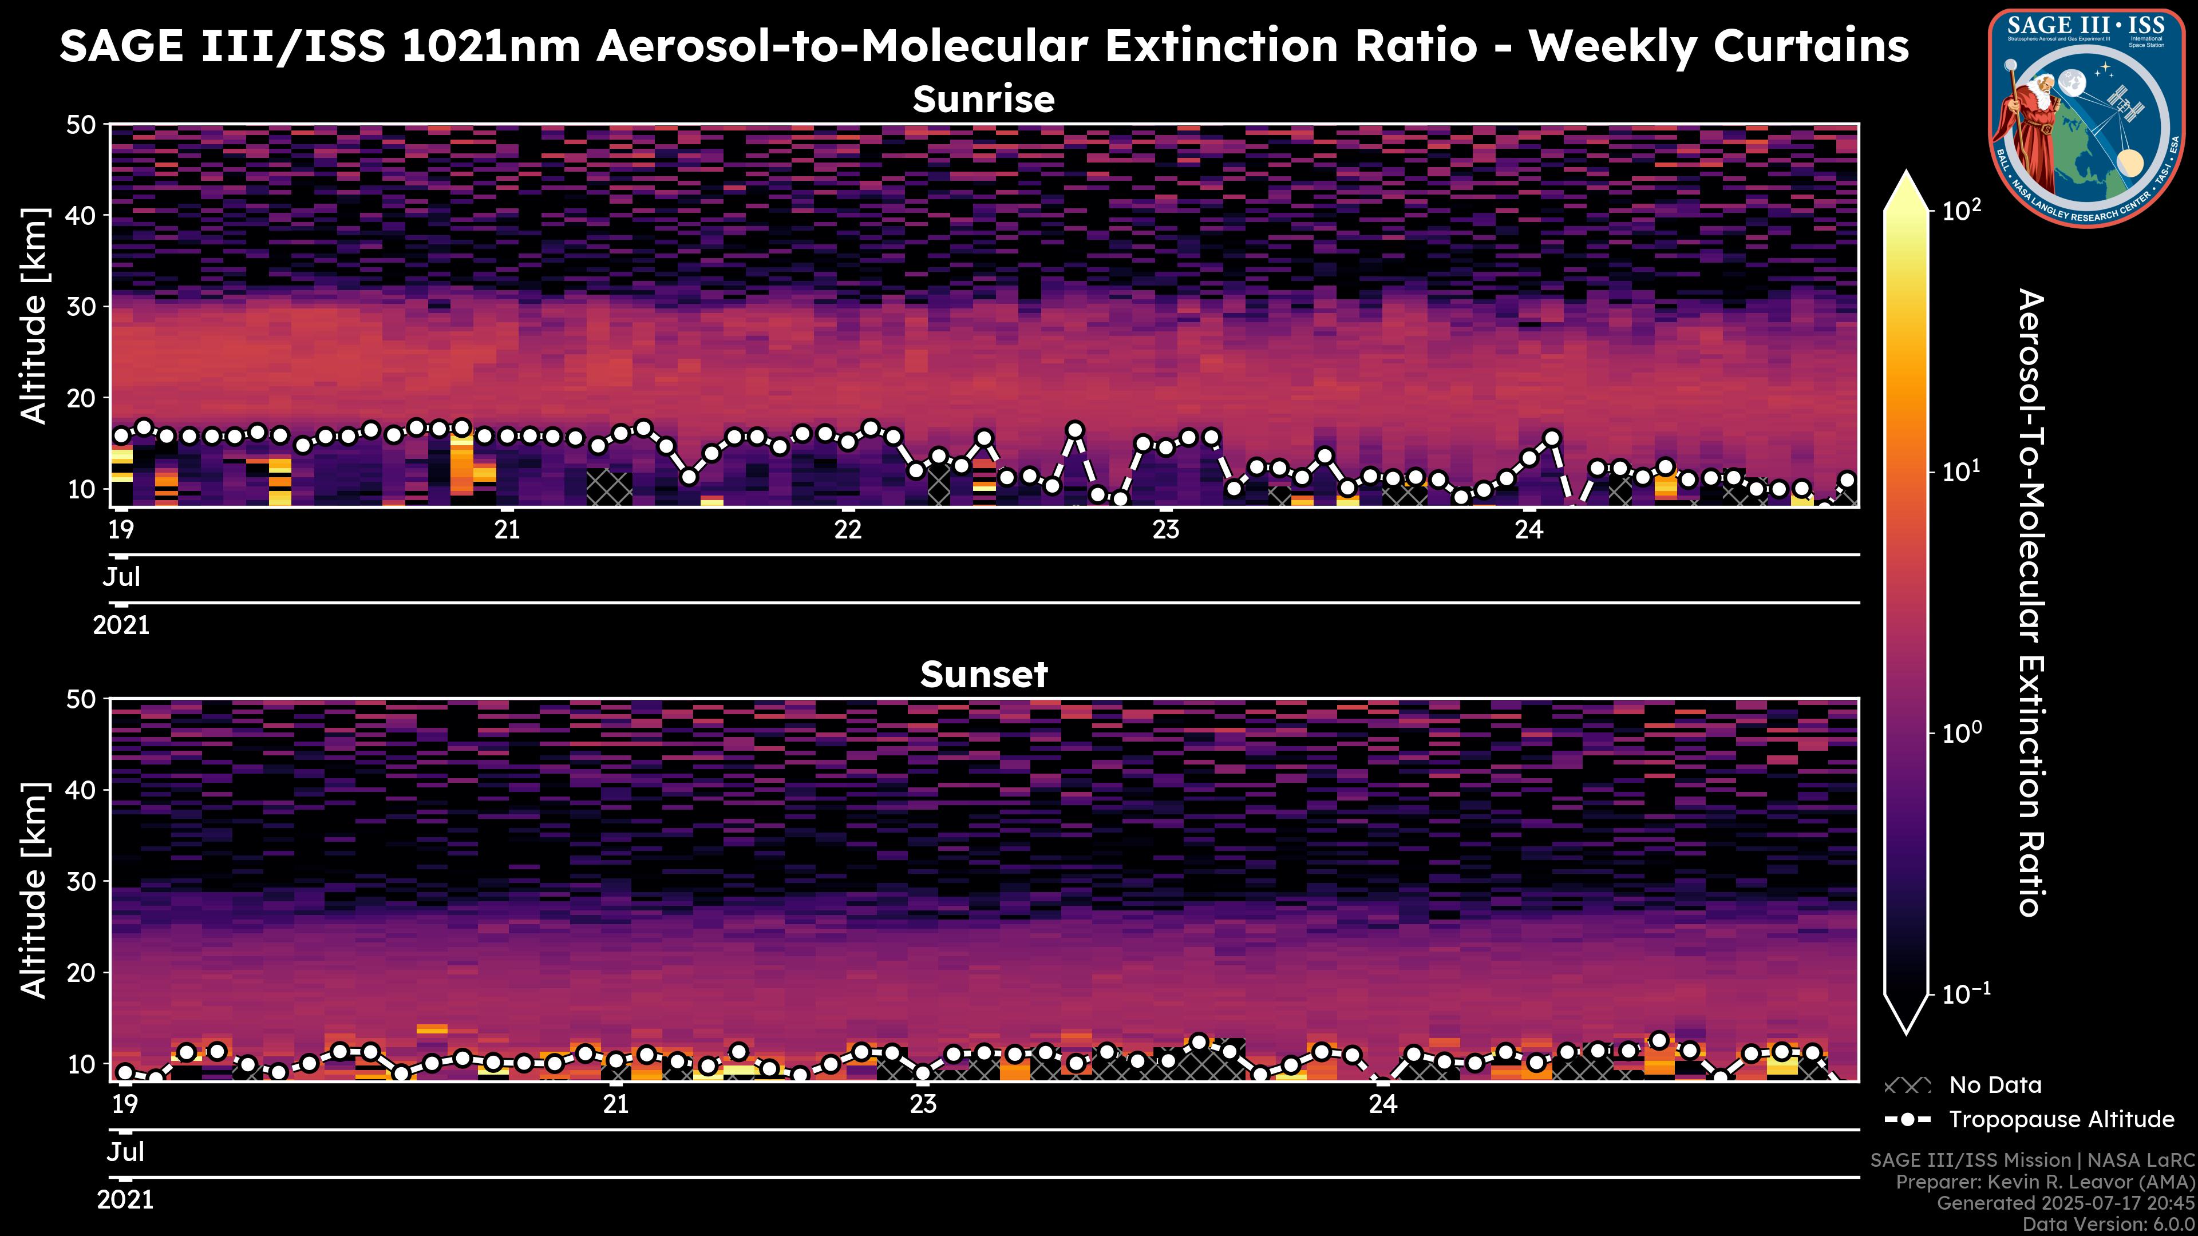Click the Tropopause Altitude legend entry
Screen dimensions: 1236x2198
pyautogui.click(x=2061, y=1120)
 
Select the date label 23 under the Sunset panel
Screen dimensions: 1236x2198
pyautogui.click(x=922, y=1104)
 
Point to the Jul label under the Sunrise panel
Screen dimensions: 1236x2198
pyautogui.click(x=121, y=577)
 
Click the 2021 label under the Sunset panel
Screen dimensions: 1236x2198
pyautogui.click(x=125, y=1200)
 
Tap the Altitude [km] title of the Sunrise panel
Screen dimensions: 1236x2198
pyautogui.click(x=34, y=316)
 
